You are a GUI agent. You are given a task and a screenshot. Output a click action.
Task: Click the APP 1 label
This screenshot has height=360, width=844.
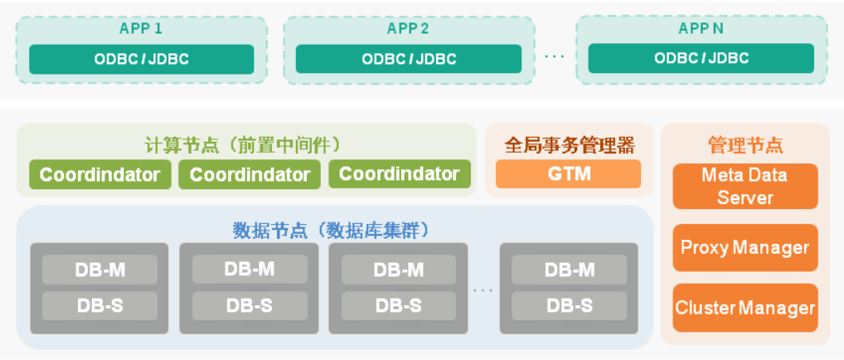pos(141,28)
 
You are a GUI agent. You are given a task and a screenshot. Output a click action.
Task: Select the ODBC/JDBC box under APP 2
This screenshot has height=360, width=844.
pos(408,59)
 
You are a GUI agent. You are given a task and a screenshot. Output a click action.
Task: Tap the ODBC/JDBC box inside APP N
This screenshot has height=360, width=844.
pos(701,59)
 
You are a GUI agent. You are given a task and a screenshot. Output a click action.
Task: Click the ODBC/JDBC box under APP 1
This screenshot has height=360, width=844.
pos(141,59)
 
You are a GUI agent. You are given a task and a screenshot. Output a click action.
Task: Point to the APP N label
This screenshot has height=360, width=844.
pos(701,28)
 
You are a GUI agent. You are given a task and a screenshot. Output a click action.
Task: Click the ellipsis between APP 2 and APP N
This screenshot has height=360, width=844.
pos(555,57)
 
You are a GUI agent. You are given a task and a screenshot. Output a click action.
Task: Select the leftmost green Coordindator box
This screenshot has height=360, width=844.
pos(99,174)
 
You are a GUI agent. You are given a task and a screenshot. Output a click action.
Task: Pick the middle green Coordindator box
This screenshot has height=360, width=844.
pos(250,174)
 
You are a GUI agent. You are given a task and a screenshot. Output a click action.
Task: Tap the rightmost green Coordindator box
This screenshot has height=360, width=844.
pos(399,174)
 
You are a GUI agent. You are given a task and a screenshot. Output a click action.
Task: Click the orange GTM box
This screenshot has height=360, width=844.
pos(568,174)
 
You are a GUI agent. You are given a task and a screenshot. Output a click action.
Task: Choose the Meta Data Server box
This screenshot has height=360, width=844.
pos(745,186)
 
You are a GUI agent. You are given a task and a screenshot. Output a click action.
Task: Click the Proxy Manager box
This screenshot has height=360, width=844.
pos(745,247)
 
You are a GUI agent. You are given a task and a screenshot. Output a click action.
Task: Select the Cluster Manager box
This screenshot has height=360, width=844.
pos(745,308)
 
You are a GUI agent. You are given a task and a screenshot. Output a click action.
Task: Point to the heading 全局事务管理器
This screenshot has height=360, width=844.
pos(570,145)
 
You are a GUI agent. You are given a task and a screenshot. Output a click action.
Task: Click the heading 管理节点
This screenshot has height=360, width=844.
pos(745,145)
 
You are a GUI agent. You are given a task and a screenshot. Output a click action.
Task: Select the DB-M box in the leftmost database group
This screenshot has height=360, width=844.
pos(99,270)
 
